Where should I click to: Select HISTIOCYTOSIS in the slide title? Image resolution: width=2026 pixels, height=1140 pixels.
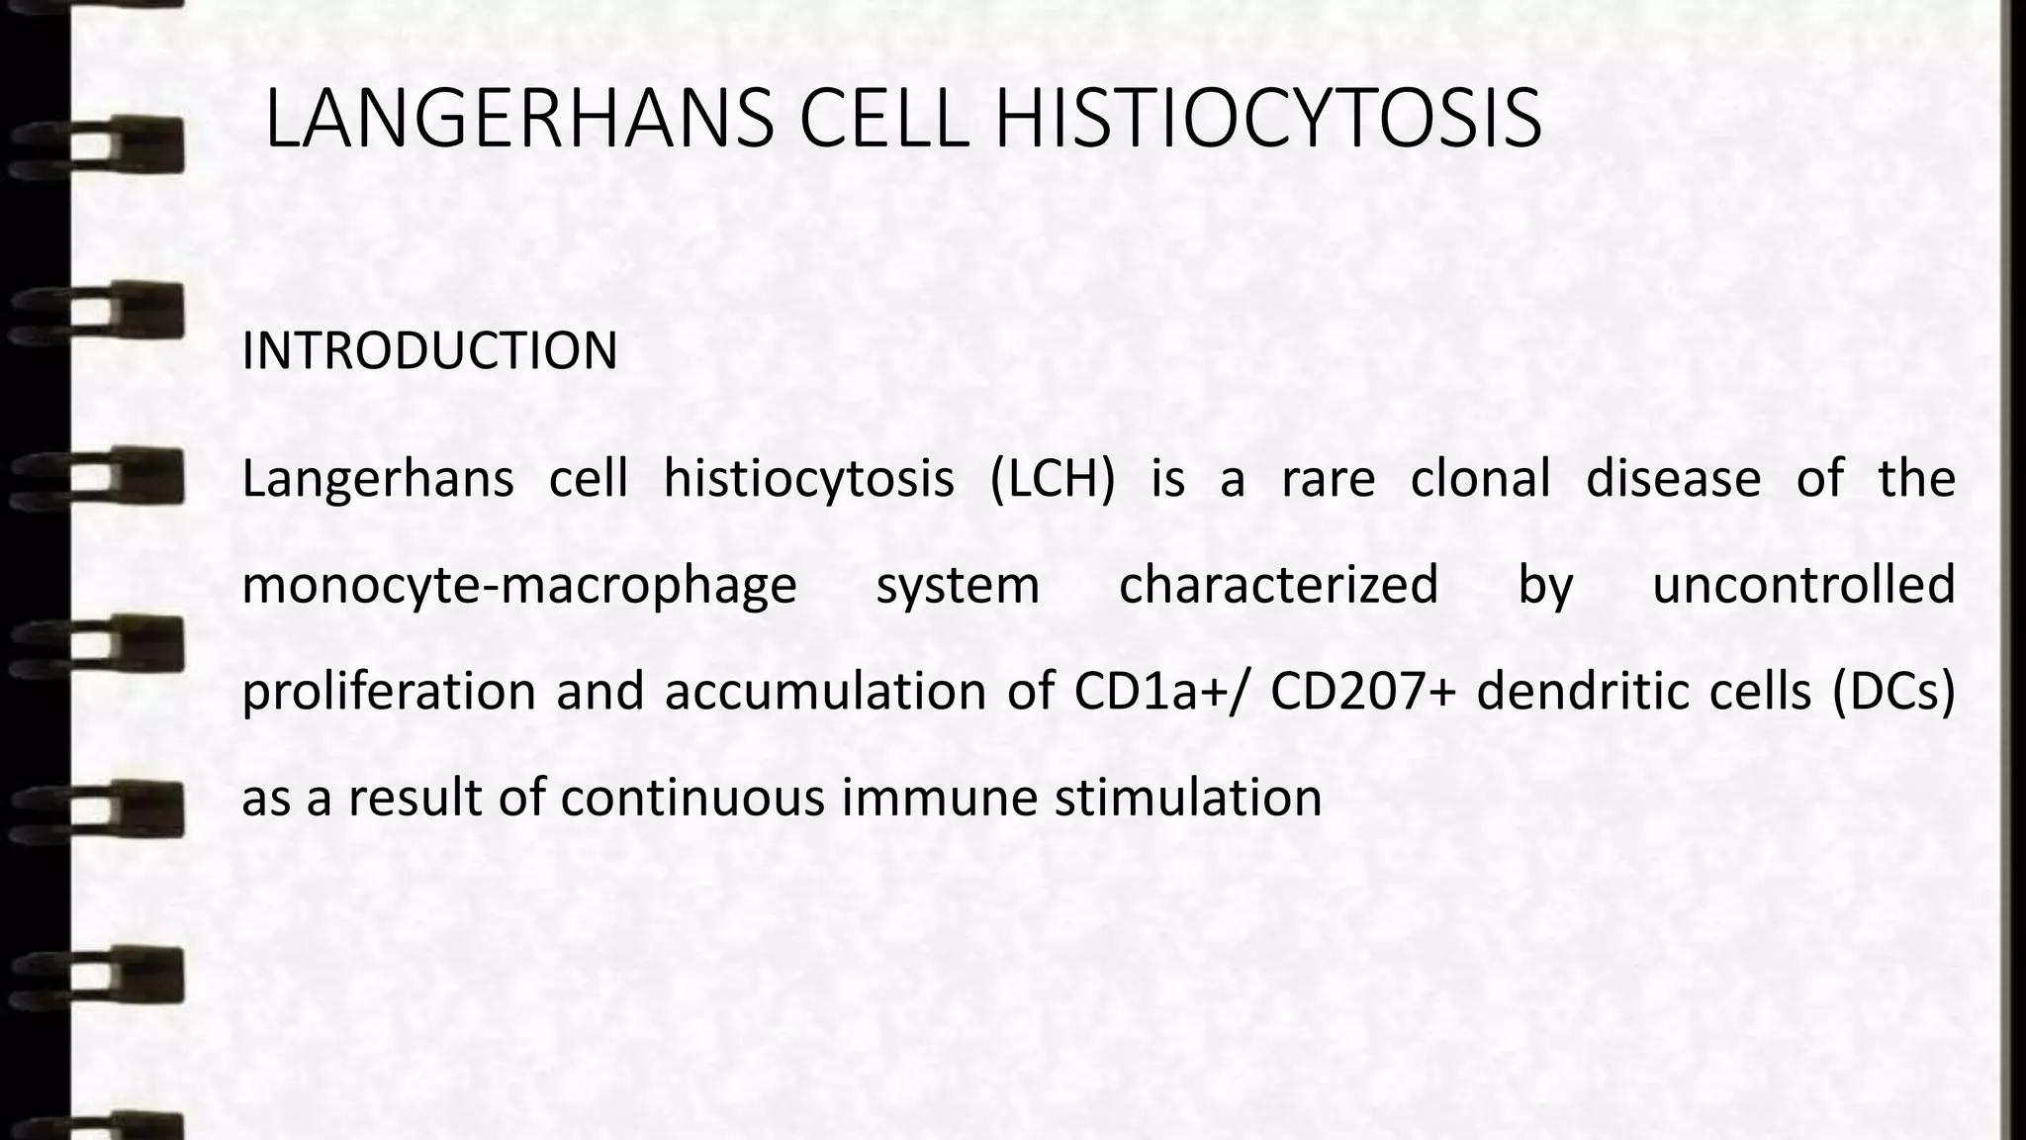1267,120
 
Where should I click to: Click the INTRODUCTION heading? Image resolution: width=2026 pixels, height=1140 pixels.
429,350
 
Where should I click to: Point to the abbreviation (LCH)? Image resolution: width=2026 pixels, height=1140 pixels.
1053,479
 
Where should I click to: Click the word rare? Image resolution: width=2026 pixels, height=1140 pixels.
1328,479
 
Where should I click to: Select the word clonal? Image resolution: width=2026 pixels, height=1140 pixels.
1480,479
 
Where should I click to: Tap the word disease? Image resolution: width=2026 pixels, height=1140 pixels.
1673,479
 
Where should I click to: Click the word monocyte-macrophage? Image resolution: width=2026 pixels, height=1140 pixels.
519,585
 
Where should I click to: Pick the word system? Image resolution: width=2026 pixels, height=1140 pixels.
958,585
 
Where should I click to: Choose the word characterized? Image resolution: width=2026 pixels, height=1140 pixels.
1278,585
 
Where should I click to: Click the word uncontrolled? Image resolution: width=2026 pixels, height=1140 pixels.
1803,585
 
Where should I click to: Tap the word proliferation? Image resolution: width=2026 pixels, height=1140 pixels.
389,691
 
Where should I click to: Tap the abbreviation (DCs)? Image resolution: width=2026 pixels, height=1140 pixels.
1892,691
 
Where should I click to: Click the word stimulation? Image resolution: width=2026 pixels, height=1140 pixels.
1188,797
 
